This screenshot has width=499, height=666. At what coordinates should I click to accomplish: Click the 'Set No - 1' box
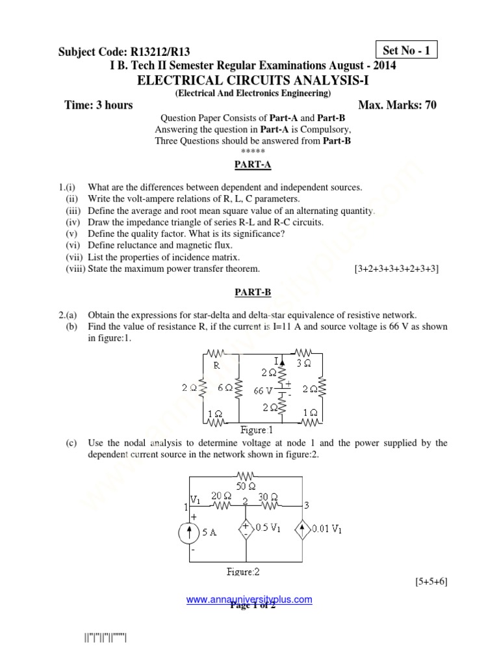click(x=407, y=49)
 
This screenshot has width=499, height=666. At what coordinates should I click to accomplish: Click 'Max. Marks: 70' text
click(x=397, y=105)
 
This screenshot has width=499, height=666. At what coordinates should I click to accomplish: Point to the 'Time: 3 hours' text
click(x=99, y=105)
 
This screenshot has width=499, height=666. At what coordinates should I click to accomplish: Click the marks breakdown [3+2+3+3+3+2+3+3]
click(x=396, y=269)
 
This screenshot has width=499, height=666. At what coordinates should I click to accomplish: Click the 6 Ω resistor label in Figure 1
click(x=225, y=387)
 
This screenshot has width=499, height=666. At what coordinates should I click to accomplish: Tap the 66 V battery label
click(x=262, y=391)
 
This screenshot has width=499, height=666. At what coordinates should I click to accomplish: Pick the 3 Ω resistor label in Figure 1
click(x=303, y=364)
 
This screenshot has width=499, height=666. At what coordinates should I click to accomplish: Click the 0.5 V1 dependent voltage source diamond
click(x=246, y=528)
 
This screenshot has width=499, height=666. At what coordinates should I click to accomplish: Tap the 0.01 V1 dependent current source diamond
click(x=303, y=528)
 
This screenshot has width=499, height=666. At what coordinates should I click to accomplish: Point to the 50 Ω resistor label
click(x=246, y=486)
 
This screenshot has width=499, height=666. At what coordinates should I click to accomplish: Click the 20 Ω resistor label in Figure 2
click(x=218, y=496)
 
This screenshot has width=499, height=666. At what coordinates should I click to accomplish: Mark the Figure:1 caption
click(x=257, y=430)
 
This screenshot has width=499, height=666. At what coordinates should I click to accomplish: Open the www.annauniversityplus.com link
click(x=249, y=599)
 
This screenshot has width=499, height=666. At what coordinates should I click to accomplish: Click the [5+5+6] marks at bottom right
click(x=429, y=581)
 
